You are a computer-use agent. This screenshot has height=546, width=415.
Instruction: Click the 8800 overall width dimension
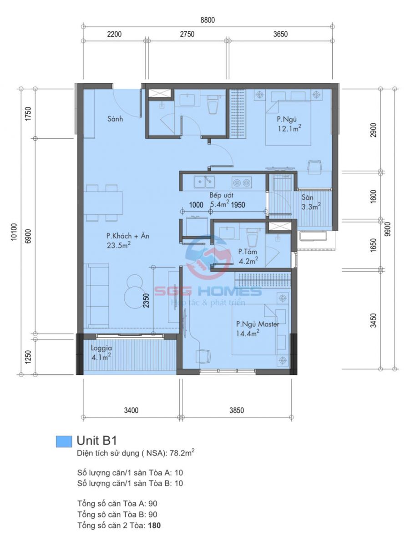click(x=207, y=20)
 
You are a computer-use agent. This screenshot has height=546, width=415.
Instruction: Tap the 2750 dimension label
click(x=187, y=34)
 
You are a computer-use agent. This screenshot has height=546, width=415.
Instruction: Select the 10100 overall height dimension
click(x=14, y=232)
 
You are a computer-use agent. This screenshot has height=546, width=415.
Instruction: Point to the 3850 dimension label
click(x=237, y=410)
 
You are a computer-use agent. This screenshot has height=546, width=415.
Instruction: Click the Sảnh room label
click(x=115, y=119)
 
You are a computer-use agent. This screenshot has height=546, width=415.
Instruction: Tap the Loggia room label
click(x=101, y=348)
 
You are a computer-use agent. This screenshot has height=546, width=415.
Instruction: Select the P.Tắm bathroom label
click(x=248, y=252)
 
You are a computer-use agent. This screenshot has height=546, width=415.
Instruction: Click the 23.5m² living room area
click(x=119, y=245)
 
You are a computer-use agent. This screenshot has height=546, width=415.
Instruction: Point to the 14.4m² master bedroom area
click(x=248, y=333)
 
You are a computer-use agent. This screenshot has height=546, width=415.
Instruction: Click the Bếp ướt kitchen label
click(x=221, y=195)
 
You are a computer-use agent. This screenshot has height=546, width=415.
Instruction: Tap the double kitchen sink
click(x=204, y=182)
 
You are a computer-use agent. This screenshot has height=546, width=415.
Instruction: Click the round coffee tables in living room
click(x=134, y=291)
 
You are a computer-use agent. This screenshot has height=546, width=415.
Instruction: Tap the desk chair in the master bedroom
click(x=203, y=356)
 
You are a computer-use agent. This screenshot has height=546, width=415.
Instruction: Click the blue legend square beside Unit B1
click(x=64, y=441)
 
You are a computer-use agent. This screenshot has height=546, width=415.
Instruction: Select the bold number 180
click(x=154, y=526)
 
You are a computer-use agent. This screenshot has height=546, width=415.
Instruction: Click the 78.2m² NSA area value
click(x=182, y=453)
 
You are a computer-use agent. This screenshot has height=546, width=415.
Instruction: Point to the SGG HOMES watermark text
click(x=208, y=291)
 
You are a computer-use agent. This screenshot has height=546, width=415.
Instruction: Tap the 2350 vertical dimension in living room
click(x=146, y=300)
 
